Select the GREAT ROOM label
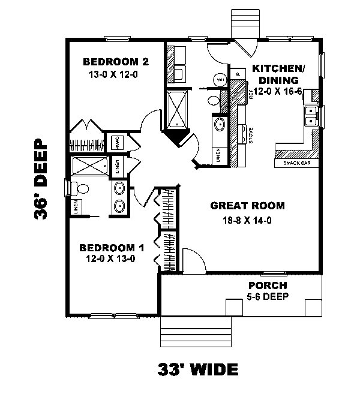pyautogui.click(x=247, y=206)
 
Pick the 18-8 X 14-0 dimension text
pyautogui.click(x=247, y=220)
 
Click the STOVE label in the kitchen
pyautogui.click(x=250, y=136)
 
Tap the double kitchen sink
pyautogui.click(x=311, y=116)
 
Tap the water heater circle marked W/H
pyautogui.click(x=220, y=80)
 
